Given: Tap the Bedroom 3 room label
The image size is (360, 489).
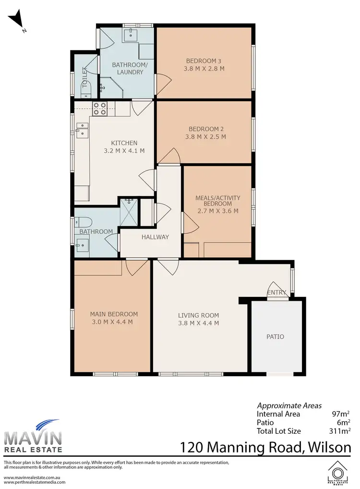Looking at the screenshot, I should pos(204,61).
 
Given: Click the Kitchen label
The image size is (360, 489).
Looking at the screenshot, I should pos(124,143).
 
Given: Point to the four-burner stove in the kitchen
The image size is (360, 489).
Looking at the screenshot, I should pos(99,109).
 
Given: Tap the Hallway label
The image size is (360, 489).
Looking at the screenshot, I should pos(155,237).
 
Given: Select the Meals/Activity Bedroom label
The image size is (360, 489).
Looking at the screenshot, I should pos(217,201).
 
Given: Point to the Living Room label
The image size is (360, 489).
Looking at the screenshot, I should pos(198,316).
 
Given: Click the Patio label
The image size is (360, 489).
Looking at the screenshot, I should pos(275,337).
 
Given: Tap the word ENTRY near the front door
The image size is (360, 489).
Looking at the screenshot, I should pos(276,293).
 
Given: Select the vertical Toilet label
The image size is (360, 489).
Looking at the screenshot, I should pos(85,77).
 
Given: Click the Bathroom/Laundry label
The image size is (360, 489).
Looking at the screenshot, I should pos(127,68).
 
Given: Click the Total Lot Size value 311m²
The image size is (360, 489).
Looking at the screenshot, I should pos(337,431).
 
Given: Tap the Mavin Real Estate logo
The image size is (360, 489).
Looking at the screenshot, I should pos(33,436).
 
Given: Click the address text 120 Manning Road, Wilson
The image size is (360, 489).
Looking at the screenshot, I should pos(265,448).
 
